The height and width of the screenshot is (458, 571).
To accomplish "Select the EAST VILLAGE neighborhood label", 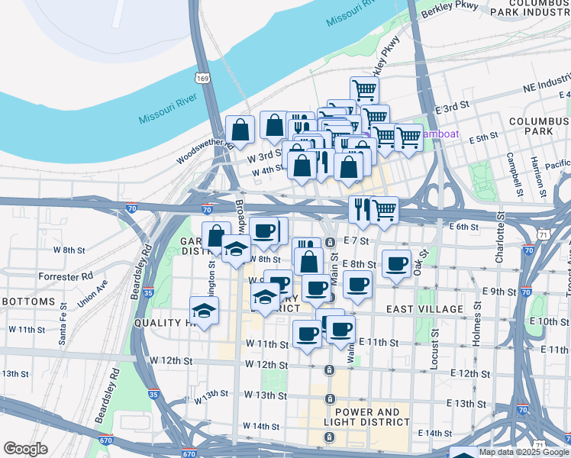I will tap(424, 309).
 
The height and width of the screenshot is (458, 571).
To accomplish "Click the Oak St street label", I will tap(418, 266).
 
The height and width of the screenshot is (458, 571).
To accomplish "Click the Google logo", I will tap(25, 449).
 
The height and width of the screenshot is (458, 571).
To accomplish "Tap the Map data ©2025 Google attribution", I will tap(524, 452).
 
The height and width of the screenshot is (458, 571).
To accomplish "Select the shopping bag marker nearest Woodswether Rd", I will tap(240, 131).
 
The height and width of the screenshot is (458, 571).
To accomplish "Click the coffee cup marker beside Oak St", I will tap(395, 264).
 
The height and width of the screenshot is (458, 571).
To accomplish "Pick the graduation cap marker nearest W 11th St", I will tap(204, 311).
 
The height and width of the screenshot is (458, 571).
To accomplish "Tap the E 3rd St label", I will tap(450, 111).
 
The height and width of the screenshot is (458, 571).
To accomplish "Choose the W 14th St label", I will tap(260, 425).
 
